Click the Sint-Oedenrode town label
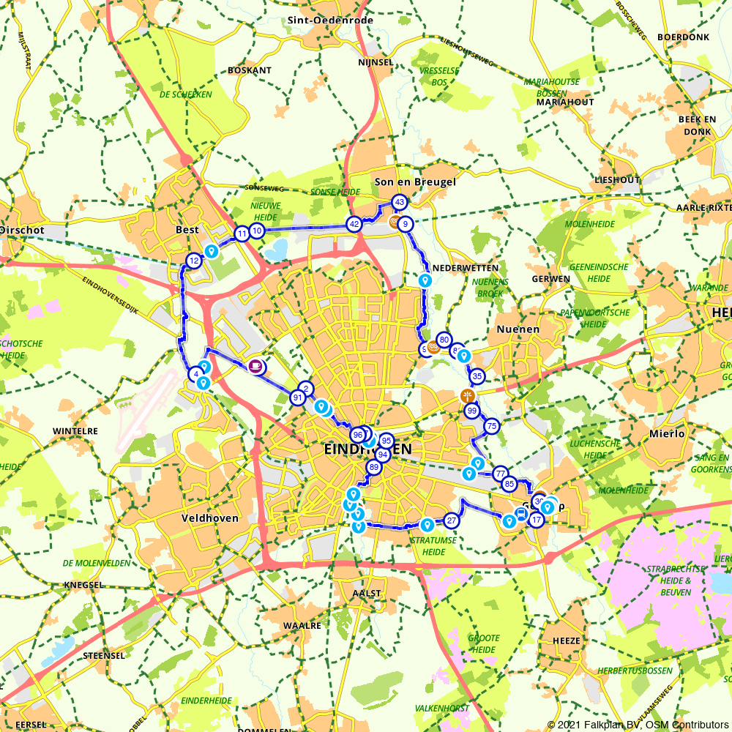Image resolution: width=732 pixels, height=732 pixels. pyautogui.click(x=331, y=20)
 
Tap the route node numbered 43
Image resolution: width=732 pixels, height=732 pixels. pyautogui.click(x=399, y=202)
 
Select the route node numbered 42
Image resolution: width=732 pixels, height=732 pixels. pyautogui.click(x=354, y=224)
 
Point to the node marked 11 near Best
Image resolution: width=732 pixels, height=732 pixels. pyautogui.click(x=242, y=234)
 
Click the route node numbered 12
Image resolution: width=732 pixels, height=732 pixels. pyautogui.click(x=194, y=261)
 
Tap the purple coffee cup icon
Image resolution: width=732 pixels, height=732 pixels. pyautogui.click(x=257, y=366)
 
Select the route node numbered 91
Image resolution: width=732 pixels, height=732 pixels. pyautogui.click(x=298, y=397)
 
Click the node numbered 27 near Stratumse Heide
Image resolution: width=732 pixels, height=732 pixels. pyautogui.click(x=452, y=521)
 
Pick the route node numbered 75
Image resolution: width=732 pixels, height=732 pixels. pyautogui.click(x=492, y=426)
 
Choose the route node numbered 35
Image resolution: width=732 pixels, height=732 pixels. pyautogui.click(x=477, y=376)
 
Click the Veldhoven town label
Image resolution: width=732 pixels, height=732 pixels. pyautogui.click(x=209, y=518)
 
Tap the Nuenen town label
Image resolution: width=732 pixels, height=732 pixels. pyautogui.click(x=518, y=329)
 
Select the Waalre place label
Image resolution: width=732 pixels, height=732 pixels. pyautogui.click(x=302, y=626)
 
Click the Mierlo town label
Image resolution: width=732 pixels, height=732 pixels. pyautogui.click(x=666, y=433)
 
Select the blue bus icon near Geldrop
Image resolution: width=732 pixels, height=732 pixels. pyautogui.click(x=520, y=515)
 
